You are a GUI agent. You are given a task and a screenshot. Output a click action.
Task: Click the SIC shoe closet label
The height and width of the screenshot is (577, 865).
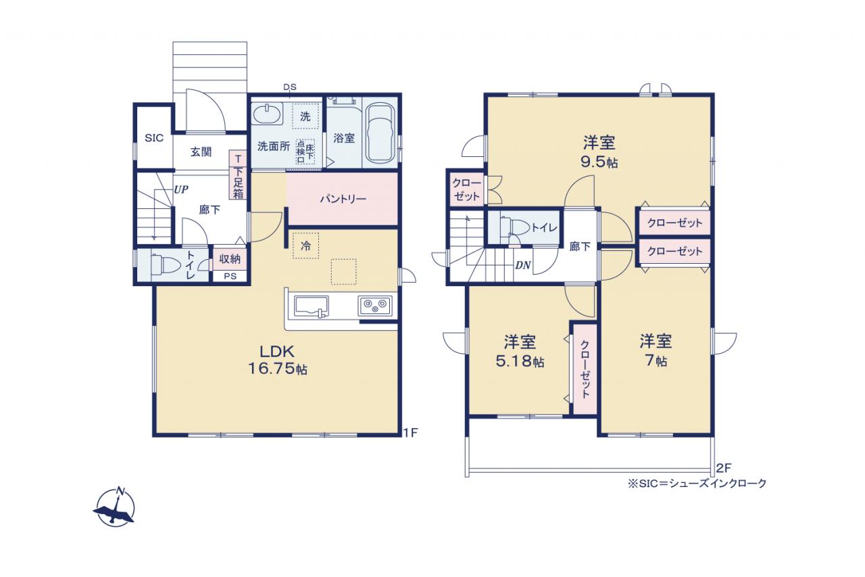(x=154, y=138)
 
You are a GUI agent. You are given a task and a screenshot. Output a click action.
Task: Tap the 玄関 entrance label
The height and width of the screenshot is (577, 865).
(x=201, y=152)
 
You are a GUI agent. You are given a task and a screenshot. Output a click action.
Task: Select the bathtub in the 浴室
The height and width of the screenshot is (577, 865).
(x=380, y=133)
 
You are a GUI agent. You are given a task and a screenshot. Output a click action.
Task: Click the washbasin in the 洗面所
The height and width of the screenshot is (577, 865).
(x=267, y=114)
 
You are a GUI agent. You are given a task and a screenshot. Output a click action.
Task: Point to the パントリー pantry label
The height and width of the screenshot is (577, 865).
(x=343, y=199)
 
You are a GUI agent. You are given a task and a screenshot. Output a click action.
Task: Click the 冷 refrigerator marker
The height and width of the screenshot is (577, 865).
(x=306, y=246)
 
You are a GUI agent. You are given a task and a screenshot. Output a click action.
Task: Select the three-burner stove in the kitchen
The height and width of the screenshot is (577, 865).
(x=374, y=305)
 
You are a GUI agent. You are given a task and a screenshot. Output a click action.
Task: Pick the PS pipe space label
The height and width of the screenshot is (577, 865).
(x=230, y=277)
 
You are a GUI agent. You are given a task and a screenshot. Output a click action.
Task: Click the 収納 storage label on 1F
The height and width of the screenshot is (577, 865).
(x=230, y=258)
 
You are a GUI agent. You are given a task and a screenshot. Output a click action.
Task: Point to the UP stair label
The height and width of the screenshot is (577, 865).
(x=180, y=189)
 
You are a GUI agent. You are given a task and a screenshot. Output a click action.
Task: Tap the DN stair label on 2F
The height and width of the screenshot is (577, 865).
(x=523, y=265)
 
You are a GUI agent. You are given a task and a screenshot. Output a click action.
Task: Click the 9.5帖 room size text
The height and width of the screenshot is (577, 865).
(x=599, y=162)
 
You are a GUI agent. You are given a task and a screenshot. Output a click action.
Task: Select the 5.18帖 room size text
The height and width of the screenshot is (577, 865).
(x=520, y=361)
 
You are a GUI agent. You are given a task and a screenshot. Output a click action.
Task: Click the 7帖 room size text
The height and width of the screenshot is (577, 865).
(x=656, y=361)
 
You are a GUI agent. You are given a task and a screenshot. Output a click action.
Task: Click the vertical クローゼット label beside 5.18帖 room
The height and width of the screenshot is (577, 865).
(x=585, y=369)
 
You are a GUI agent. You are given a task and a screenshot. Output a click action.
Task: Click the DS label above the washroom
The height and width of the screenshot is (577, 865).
(x=290, y=87)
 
